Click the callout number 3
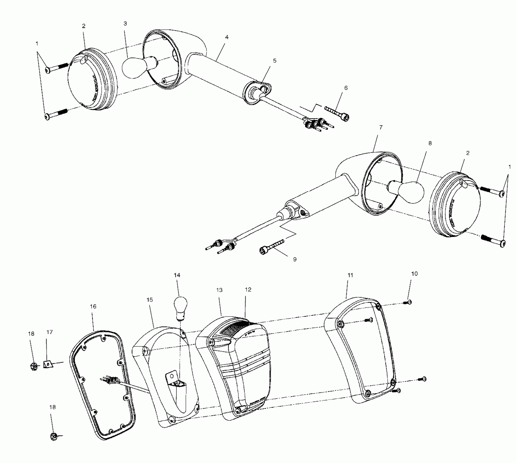click(x=125, y=24)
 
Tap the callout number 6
click(x=346, y=88)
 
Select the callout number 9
click(x=295, y=259)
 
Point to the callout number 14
click(x=177, y=275)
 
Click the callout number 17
click(x=50, y=332)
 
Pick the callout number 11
click(x=350, y=275)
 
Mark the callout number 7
click(x=381, y=127)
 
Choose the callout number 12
click(x=248, y=290)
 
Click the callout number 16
click(x=93, y=306)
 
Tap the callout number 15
click(x=150, y=300)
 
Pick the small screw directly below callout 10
click(x=408, y=302)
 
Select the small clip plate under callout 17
click(x=48, y=364)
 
